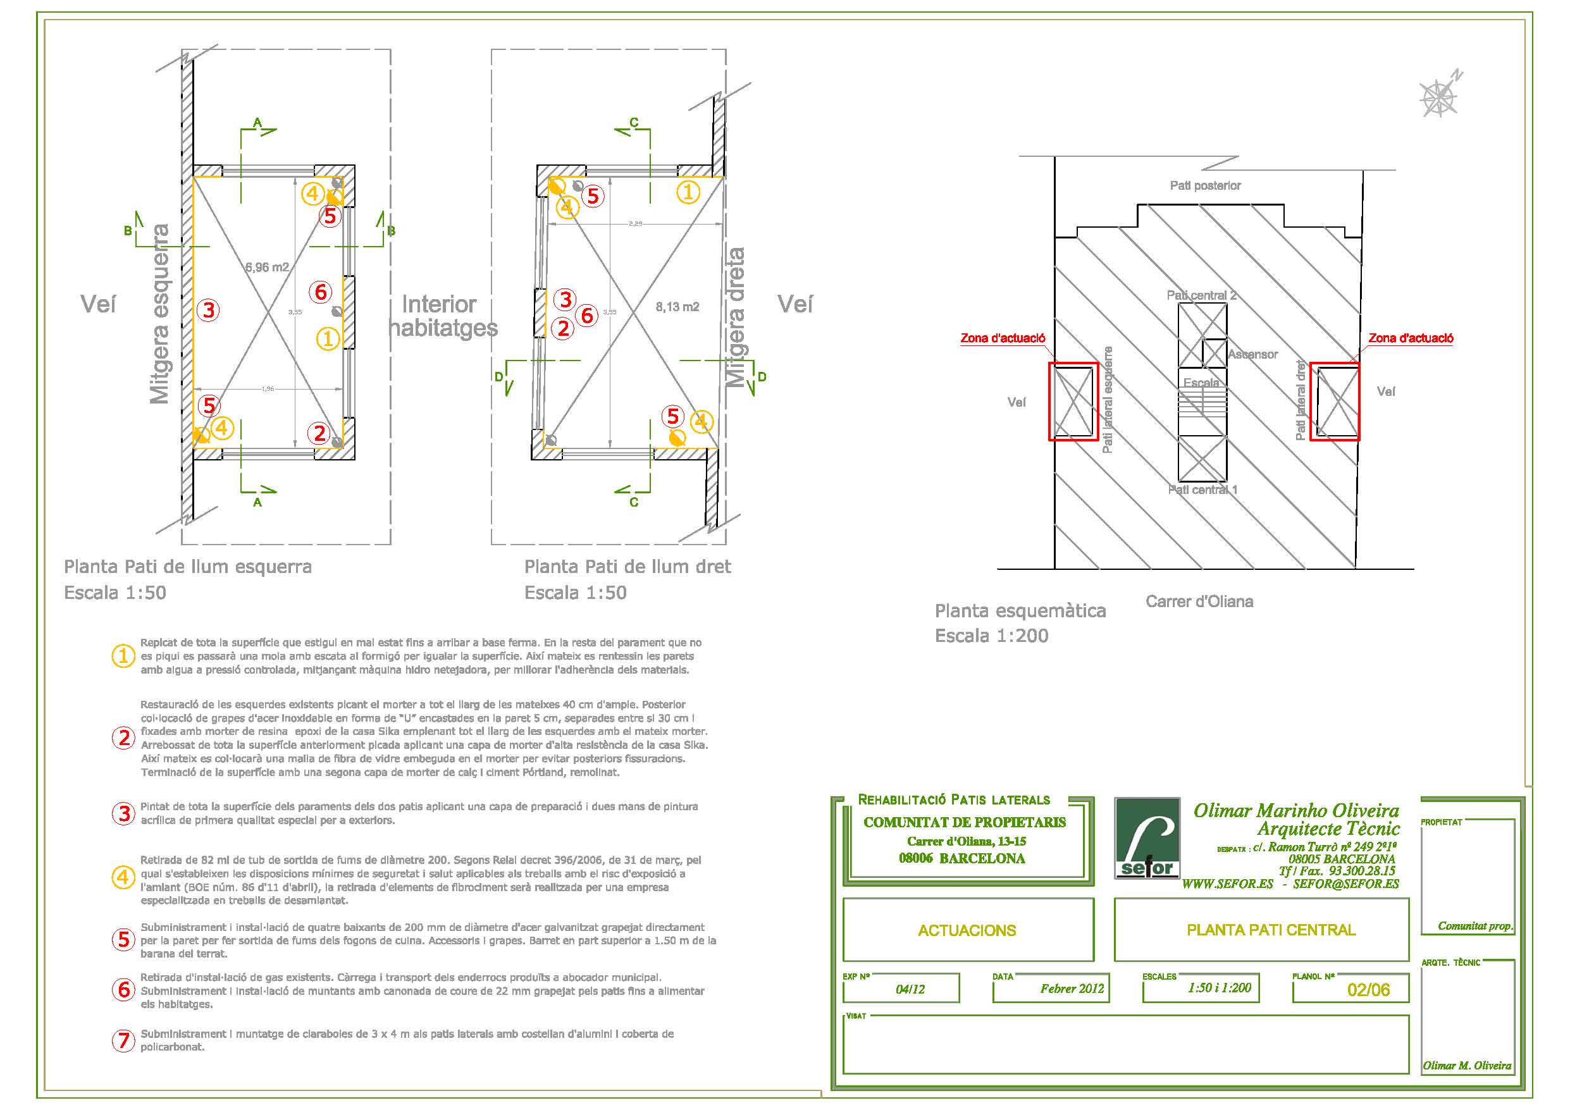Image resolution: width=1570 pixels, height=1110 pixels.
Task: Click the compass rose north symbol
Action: coord(1438,98)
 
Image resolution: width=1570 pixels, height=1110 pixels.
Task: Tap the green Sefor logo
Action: coord(1147,838)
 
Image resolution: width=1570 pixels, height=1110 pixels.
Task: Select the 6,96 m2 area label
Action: coord(268,268)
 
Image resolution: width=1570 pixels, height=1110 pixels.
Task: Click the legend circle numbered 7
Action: coord(124,1040)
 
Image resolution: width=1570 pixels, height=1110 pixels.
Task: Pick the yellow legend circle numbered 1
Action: coord(124,657)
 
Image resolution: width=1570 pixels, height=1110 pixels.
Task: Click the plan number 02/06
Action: coord(1368,990)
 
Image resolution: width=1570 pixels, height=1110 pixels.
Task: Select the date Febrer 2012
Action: coord(1072,989)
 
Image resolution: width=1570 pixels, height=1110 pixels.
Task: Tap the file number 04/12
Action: coord(910,989)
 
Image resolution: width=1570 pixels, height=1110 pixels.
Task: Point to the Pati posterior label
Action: coord(1205,185)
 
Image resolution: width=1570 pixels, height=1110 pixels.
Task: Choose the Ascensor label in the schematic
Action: coord(1252,354)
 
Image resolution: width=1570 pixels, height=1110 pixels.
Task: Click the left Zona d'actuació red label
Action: coord(1003,338)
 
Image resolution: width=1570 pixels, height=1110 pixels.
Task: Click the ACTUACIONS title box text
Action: coord(967,930)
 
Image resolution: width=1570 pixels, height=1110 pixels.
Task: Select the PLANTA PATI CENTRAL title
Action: coord(1271,930)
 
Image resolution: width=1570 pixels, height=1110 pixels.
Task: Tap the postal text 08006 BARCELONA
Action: coord(961,858)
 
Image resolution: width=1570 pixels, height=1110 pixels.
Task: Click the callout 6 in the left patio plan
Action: coord(321,292)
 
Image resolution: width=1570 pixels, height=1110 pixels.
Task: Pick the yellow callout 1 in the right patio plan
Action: coord(688,192)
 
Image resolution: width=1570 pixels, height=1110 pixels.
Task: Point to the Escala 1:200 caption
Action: coord(991,636)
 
